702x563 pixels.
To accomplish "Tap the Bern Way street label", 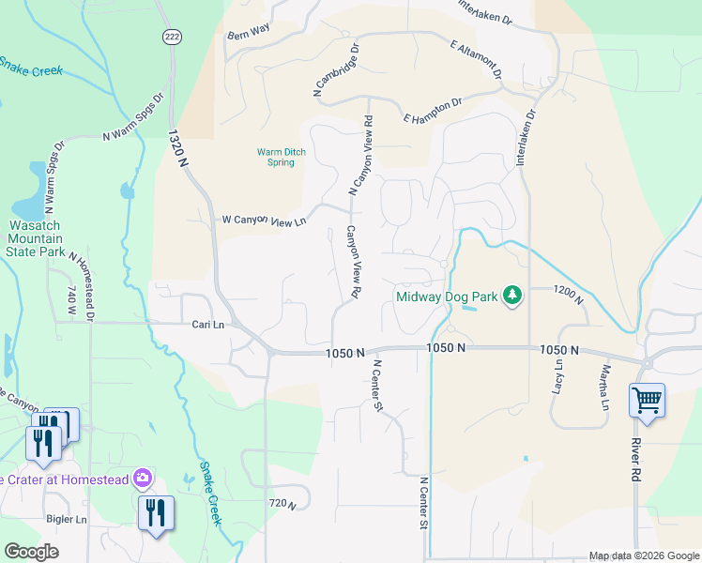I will (x=248, y=30).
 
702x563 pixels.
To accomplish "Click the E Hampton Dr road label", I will (x=433, y=110).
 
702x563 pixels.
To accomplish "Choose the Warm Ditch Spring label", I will (x=276, y=157).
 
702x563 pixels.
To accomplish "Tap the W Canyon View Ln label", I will (x=264, y=221).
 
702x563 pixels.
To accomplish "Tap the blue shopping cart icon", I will (x=647, y=401).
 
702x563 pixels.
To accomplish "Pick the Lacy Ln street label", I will (x=559, y=376).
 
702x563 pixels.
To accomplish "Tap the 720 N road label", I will (x=282, y=505).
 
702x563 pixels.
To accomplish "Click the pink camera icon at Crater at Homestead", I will (x=143, y=479).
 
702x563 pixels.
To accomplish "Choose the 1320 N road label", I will (x=177, y=149).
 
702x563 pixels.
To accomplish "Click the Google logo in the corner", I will (x=31, y=551).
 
